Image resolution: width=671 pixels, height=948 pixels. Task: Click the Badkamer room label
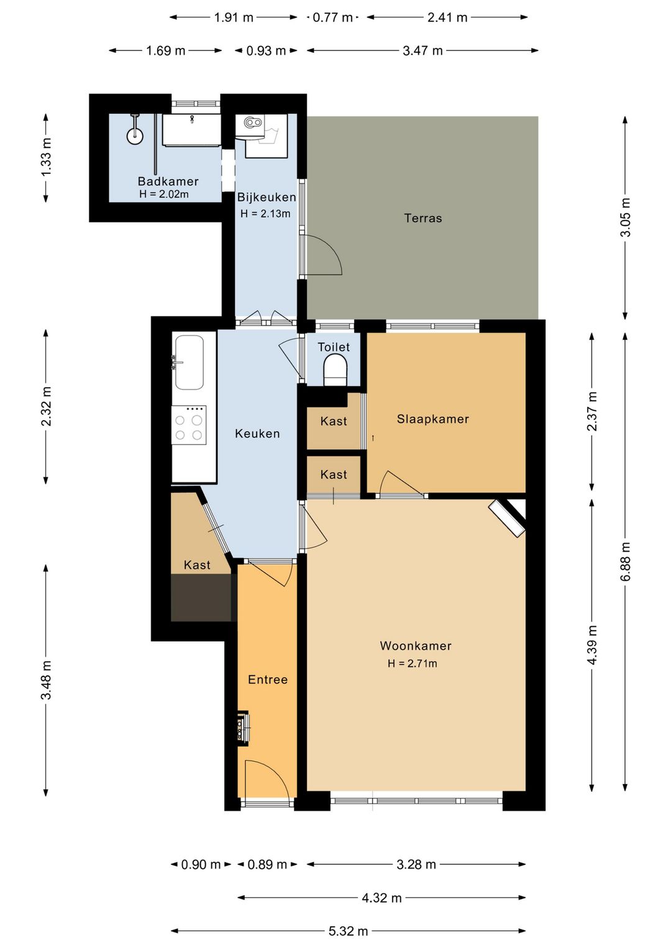[168, 181]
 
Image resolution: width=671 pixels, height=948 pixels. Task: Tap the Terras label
[423, 218]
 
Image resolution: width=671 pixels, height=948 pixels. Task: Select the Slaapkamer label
[432, 419]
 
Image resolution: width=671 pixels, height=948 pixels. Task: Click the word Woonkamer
[415, 645]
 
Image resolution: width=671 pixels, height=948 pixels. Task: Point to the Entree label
[268, 679]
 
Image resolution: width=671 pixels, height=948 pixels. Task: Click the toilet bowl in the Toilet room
[335, 370]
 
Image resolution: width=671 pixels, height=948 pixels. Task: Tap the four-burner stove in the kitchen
[189, 425]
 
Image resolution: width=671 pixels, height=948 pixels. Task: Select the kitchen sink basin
[189, 362]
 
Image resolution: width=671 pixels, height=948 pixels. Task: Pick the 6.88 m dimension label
[626, 562]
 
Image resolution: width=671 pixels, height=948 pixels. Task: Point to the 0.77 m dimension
[332, 17]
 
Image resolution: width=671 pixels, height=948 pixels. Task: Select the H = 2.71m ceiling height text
[413, 663]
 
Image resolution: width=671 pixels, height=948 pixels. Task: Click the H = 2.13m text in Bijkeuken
[265, 213]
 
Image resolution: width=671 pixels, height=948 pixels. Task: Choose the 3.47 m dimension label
[422, 51]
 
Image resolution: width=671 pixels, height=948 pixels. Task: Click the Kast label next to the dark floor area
[197, 565]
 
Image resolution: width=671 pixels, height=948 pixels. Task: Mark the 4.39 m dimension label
[592, 645]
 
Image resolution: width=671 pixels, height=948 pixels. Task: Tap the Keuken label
[257, 434]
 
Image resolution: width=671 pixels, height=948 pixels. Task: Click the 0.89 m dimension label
[267, 864]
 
